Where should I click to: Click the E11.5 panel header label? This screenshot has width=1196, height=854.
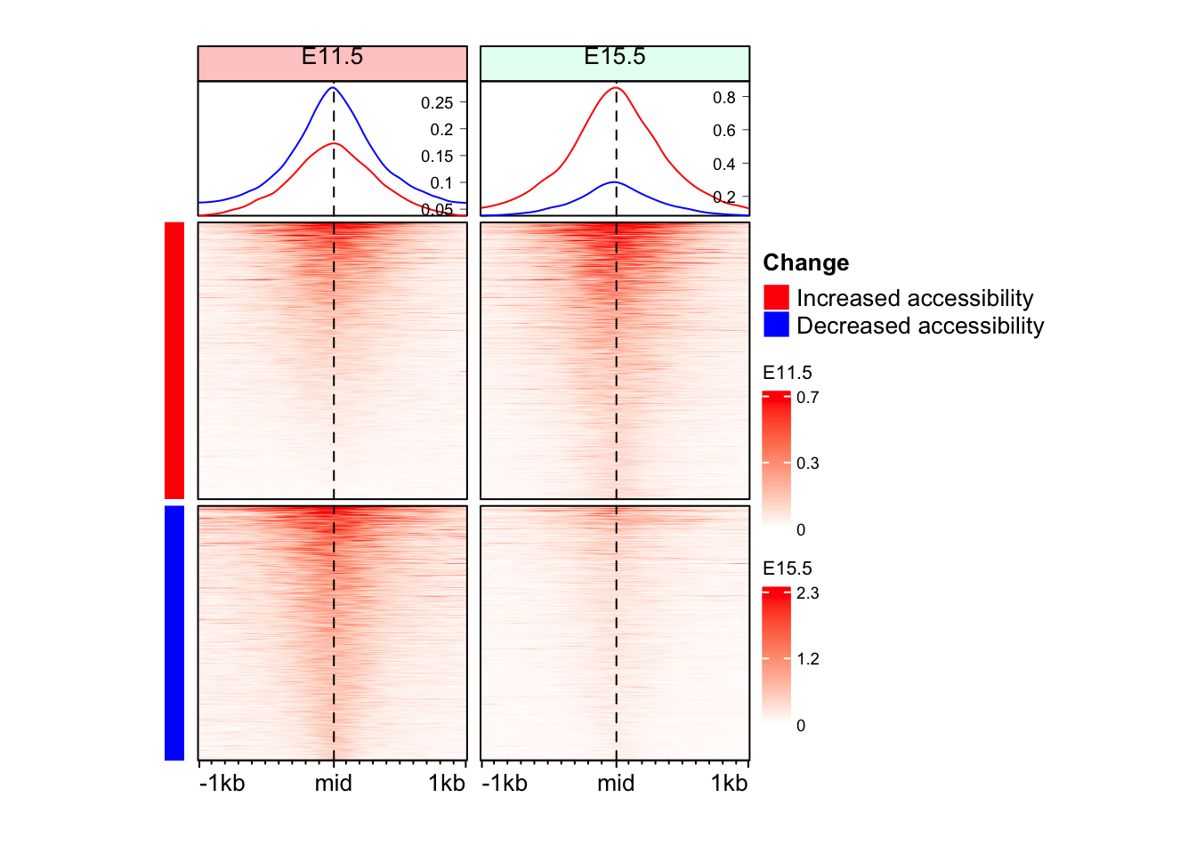click(332, 58)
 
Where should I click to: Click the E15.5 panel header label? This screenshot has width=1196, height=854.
click(615, 58)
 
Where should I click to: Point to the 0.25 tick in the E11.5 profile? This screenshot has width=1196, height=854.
click(438, 103)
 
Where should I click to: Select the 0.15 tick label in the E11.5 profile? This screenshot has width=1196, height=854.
click(438, 157)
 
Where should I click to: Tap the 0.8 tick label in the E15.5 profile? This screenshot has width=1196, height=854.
click(724, 97)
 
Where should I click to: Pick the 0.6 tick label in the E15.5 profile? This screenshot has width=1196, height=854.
click(724, 131)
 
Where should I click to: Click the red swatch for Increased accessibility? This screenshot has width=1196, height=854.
click(776, 297)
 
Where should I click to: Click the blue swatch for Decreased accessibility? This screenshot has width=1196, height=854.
click(776, 325)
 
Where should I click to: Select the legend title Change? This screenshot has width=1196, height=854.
click(805, 262)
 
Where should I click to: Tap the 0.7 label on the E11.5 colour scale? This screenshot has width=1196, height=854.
click(808, 398)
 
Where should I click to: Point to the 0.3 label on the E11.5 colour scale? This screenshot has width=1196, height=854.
click(808, 463)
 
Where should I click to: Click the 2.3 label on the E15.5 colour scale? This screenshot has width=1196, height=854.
click(808, 593)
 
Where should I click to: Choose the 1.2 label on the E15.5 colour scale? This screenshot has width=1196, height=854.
click(808, 659)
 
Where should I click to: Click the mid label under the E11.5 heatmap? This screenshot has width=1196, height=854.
click(333, 783)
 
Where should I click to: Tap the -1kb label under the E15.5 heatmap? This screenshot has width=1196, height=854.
click(505, 783)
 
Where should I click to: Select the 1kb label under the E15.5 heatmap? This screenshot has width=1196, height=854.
click(729, 783)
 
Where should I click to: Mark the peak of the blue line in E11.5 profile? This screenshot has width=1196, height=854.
click(334, 87)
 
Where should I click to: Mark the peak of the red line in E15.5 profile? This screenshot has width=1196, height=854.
click(616, 87)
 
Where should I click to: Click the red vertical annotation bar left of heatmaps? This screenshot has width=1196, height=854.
click(174, 360)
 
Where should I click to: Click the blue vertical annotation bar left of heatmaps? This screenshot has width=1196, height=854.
click(174, 632)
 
